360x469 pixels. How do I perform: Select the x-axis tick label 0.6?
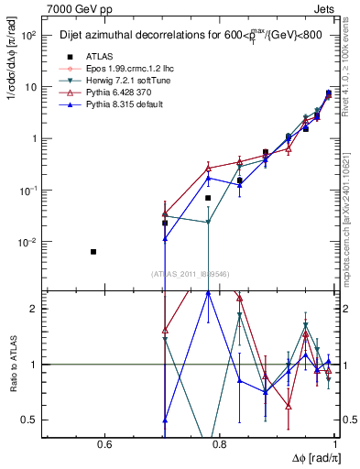(104, 444)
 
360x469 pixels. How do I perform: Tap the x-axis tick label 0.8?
(221, 444)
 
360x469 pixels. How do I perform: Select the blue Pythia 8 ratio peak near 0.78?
(208, 292)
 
